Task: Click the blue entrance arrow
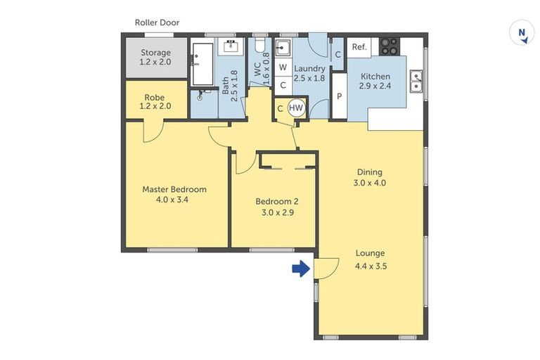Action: [x=301, y=268]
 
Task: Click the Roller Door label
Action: [x=157, y=22]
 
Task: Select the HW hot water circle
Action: [x=296, y=108]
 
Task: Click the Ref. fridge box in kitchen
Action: [x=359, y=47]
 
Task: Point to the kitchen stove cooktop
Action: [x=389, y=46]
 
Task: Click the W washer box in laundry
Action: [x=283, y=67]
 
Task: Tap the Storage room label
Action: [x=155, y=53]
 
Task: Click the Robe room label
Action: [x=155, y=98]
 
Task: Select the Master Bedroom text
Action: [x=174, y=189]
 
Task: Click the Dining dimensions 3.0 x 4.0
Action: [x=370, y=183]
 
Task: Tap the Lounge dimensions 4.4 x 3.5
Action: [x=371, y=266]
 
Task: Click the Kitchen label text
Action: [x=375, y=77]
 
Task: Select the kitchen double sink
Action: [x=416, y=83]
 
